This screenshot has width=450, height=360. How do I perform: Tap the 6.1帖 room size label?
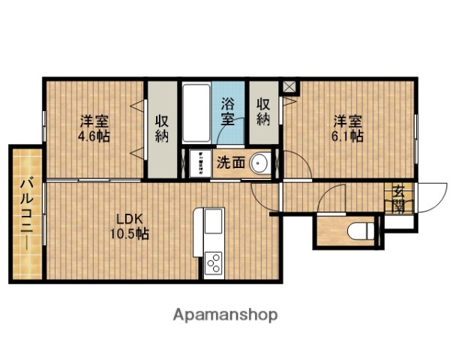coord(349,137)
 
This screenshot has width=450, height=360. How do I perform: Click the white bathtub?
coord(196,115)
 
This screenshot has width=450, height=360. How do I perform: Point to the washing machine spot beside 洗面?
coord(199,163)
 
